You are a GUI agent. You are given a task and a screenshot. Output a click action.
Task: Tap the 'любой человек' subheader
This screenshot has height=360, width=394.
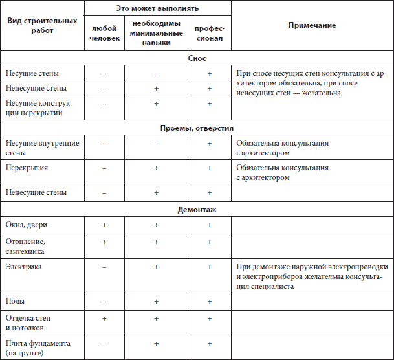(104, 34)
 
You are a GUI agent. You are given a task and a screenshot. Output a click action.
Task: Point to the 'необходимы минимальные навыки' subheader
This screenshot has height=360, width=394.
(157, 34)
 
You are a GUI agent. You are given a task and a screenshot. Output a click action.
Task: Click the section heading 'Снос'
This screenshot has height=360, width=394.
(197, 58)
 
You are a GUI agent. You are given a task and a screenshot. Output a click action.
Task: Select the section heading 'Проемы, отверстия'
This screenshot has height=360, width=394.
(197, 128)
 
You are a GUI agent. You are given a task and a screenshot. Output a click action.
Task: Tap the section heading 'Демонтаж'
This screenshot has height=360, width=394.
(197, 210)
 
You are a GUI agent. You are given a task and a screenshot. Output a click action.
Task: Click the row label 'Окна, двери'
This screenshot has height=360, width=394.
(27, 225)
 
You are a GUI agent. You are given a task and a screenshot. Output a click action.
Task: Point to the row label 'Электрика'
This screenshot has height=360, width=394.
(24, 266)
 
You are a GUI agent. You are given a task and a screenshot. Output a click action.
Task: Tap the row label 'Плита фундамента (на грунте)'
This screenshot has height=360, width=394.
(37, 348)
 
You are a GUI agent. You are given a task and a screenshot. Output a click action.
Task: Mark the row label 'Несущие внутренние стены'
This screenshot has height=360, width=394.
(41, 148)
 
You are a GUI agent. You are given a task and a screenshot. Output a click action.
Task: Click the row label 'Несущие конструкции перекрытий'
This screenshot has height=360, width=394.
(39, 108)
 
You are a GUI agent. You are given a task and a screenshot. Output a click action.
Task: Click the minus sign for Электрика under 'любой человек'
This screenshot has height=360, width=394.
(104, 267)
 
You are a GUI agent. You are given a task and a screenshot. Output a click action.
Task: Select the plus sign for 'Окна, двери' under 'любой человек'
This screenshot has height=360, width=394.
(104, 225)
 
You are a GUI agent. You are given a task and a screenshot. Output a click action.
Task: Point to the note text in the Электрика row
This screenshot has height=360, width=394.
(312, 276)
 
